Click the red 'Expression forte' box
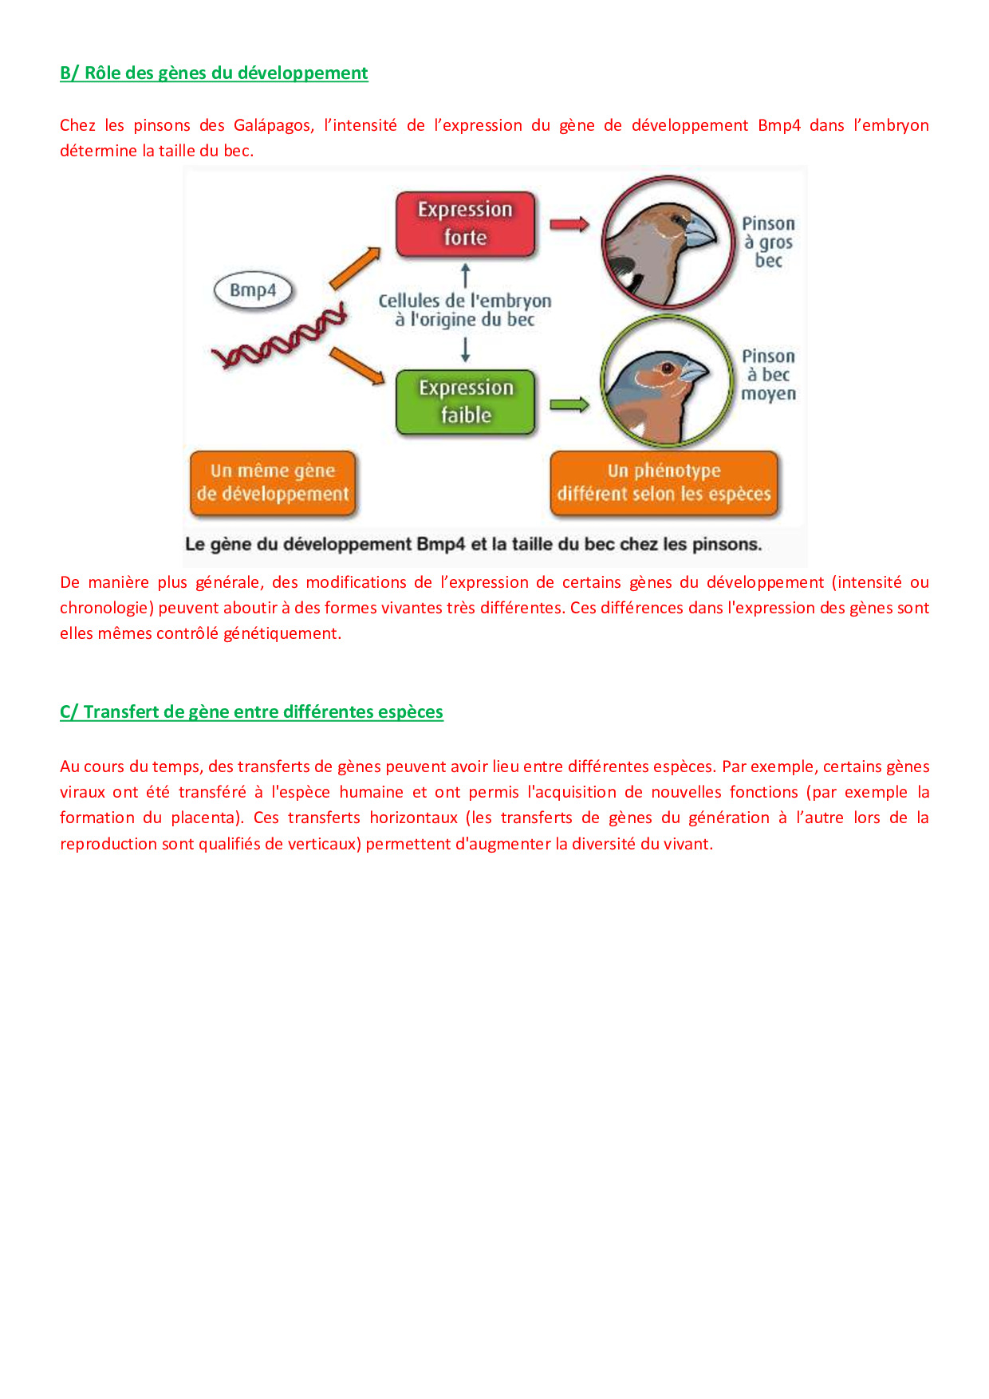click(465, 224)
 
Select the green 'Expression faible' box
click(466, 402)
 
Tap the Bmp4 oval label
click(253, 290)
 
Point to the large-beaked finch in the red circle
click(668, 242)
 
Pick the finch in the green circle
click(667, 382)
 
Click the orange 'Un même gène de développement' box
click(273, 483)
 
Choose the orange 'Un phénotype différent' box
click(664, 483)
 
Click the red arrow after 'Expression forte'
click(569, 224)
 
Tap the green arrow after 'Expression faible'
click(569, 405)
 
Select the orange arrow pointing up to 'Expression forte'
click(355, 268)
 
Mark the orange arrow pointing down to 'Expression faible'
click(357, 365)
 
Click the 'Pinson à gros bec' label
click(768, 242)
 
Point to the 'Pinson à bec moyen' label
click(768, 375)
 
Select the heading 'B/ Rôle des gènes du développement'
click(214, 73)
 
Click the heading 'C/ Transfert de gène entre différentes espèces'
click(251, 711)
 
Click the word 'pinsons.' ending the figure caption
click(727, 545)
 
